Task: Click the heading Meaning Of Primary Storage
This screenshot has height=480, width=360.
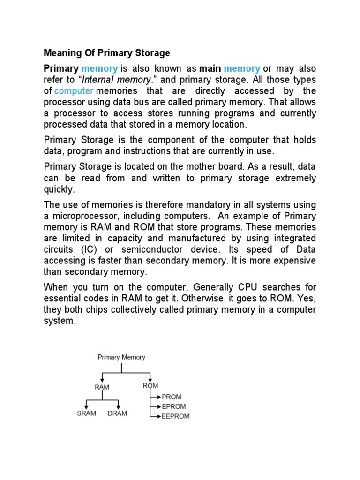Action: [x=107, y=52]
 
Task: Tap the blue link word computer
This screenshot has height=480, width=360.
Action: [x=74, y=90]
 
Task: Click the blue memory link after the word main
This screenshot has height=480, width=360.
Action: [x=242, y=68]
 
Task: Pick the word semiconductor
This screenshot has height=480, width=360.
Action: [x=150, y=249]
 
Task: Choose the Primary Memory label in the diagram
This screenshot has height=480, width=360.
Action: [x=121, y=357]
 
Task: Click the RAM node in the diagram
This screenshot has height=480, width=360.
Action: [x=102, y=387]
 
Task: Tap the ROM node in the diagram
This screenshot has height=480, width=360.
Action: [x=150, y=386]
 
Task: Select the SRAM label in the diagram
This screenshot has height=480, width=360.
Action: [x=87, y=413]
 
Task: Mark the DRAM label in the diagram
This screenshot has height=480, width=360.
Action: [x=117, y=413]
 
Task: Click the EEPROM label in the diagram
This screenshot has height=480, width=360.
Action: [x=175, y=416]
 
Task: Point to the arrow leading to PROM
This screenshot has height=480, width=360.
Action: [x=155, y=397]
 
